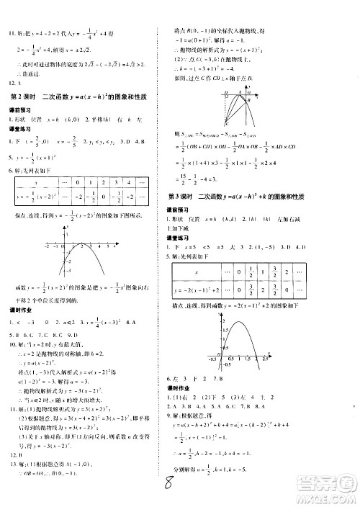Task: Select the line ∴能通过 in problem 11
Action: coord(29,73)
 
